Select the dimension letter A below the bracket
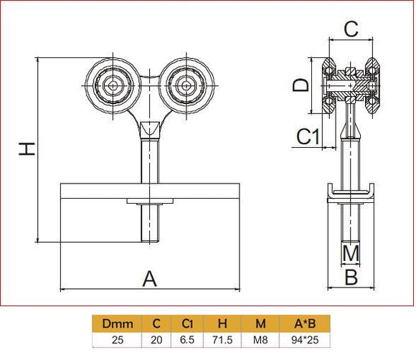pos(149,278)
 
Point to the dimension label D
pos(302,85)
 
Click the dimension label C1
pos(308,136)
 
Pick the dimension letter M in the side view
pos(350,252)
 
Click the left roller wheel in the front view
pos(113,85)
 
